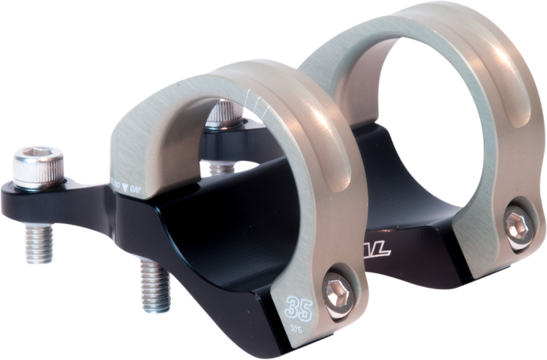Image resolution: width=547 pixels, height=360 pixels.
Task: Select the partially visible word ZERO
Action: coord(115,182)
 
